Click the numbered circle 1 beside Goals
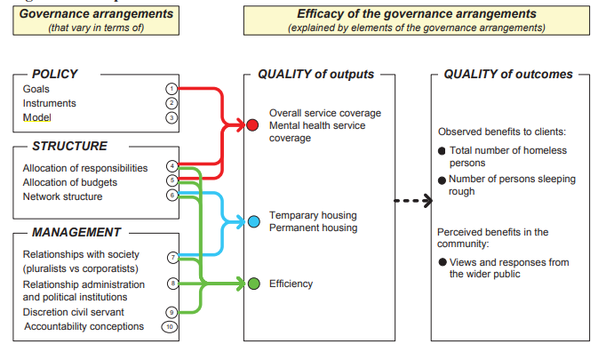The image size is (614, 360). click(171, 89)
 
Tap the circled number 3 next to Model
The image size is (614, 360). click(171, 117)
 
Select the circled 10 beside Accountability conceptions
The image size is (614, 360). click(170, 327)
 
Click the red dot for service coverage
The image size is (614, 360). click(252, 125)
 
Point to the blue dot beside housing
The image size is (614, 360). click(254, 221)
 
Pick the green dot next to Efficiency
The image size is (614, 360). click(254, 284)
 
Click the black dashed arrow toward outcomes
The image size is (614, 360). click(413, 201)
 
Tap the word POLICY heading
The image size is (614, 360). click(55, 74)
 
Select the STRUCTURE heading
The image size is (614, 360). click(69, 146)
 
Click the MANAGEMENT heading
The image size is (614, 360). click(76, 232)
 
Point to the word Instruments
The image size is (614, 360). click(50, 103)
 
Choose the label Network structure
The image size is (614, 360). click(63, 196)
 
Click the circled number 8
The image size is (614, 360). click(172, 284)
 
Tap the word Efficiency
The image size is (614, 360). click(291, 284)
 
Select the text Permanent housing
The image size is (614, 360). click(314, 228)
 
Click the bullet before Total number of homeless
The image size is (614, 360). click(442, 151)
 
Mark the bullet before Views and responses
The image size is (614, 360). click(443, 262)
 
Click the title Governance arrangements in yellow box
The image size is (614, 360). click(96, 13)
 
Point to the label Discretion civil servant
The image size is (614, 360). click(73, 312)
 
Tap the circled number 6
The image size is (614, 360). click(172, 195)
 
